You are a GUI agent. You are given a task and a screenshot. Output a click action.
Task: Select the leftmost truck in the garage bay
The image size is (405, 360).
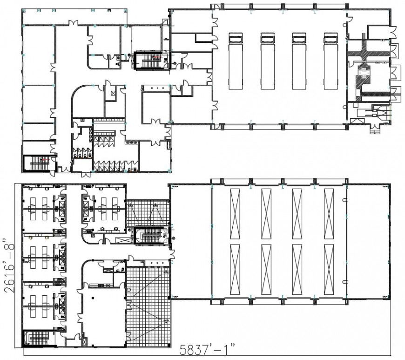point(235,61)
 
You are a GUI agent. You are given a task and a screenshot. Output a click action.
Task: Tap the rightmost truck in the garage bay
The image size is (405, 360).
point(330,61)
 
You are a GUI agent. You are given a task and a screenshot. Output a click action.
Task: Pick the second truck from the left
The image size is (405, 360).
point(267,61)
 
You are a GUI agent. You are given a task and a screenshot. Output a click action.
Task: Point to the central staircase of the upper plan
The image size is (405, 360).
point(149,60)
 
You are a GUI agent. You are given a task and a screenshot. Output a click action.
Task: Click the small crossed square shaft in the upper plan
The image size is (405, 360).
point(114,92)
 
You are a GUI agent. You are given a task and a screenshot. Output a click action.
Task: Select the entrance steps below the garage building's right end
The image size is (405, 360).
point(375,131)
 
